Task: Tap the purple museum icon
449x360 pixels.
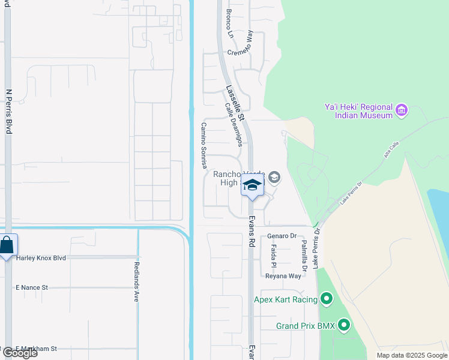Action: click(402, 110)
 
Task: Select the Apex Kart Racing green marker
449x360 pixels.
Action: click(327, 298)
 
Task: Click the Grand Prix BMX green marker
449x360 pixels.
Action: click(344, 326)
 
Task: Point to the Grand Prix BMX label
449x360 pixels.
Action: click(304, 326)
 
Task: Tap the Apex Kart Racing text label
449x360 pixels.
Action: click(287, 299)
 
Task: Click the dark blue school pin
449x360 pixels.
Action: click(253, 187)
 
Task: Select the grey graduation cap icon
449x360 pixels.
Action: click(274, 176)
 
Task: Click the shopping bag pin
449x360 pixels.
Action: click(7, 245)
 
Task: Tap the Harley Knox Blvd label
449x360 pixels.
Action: click(41, 258)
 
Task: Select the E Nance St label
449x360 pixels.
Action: click(32, 288)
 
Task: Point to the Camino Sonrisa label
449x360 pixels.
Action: click(203, 145)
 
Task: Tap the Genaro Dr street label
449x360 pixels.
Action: click(282, 236)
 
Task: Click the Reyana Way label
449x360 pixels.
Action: click(283, 276)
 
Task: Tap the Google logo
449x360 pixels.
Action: click(20, 353)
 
